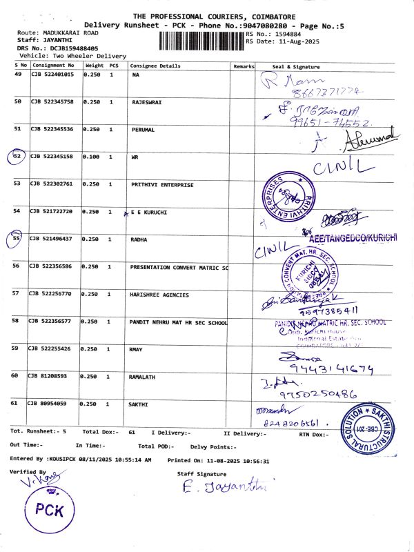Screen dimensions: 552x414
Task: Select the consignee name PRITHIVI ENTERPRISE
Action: point(162,185)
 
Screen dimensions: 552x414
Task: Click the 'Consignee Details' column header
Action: point(155,66)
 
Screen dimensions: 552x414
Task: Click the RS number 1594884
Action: point(286,34)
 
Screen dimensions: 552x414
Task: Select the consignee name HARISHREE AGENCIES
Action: point(159,295)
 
